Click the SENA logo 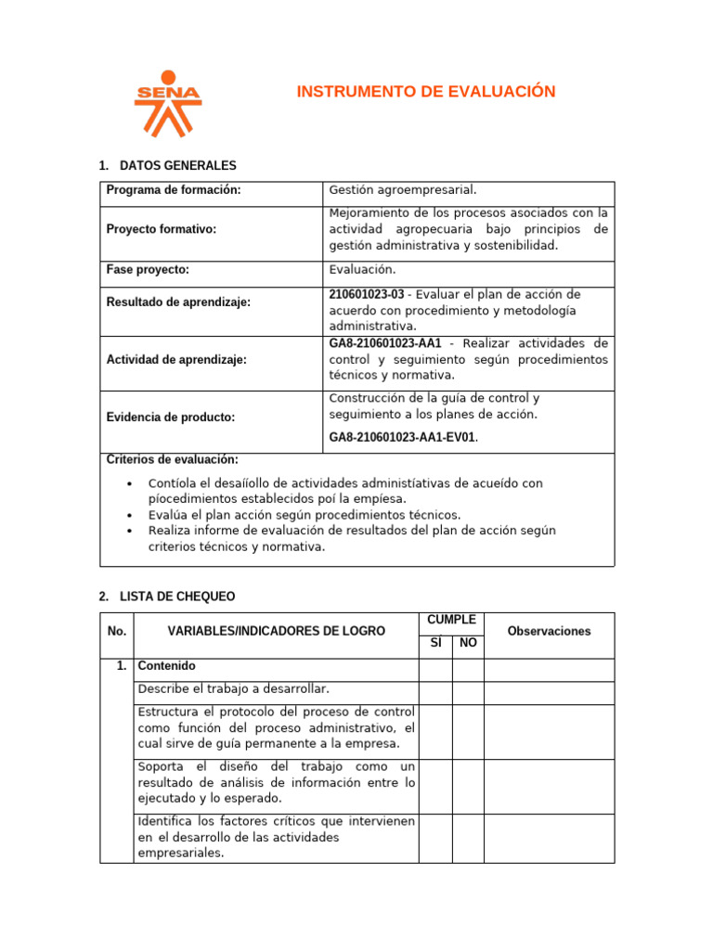(167, 103)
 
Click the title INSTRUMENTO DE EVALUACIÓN (425, 91)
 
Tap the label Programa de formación (174, 190)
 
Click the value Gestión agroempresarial (403, 190)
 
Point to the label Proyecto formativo (162, 229)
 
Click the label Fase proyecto (148, 270)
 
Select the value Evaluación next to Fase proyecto (362, 270)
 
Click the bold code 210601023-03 (367, 294)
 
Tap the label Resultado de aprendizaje (178, 302)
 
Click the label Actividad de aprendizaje (176, 360)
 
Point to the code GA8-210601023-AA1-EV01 (402, 437)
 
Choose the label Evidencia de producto (171, 417)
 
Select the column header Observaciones (549, 631)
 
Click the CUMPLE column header (451, 620)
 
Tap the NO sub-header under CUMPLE (468, 643)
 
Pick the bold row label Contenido (166, 666)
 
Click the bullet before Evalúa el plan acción (129, 515)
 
